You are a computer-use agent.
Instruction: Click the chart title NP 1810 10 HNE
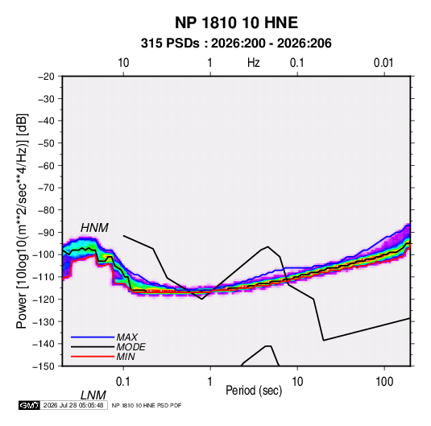click(x=236, y=23)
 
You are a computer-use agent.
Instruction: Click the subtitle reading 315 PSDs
click(x=170, y=43)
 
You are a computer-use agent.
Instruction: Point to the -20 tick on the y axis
click(x=46, y=77)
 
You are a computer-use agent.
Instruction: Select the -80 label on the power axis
click(x=46, y=210)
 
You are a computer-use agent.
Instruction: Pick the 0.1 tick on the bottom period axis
click(x=123, y=381)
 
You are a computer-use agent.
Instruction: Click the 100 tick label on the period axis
click(x=384, y=381)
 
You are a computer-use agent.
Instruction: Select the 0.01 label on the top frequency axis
click(x=383, y=63)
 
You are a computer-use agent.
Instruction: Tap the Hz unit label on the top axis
click(x=254, y=63)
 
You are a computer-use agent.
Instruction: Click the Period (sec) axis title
click(x=254, y=391)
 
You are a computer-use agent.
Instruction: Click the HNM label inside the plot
click(x=94, y=228)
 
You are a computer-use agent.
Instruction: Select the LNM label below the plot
click(x=93, y=395)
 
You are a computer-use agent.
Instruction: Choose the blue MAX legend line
click(x=93, y=337)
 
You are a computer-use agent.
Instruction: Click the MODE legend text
click(x=131, y=347)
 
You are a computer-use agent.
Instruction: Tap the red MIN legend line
click(x=93, y=357)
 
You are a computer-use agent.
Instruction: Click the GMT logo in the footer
click(x=29, y=405)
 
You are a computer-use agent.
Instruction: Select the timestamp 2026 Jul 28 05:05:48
click(x=73, y=405)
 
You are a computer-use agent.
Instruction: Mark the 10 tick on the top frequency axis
click(x=123, y=63)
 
